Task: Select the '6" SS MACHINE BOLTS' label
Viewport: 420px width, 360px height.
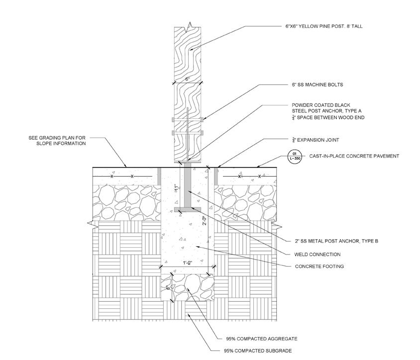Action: point(314,85)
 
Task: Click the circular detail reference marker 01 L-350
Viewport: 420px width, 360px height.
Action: point(294,156)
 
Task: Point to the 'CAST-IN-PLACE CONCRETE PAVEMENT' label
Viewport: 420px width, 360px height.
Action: point(354,156)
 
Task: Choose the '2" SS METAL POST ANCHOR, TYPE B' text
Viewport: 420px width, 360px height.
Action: point(334,241)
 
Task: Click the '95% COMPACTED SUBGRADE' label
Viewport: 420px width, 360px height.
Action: point(263,351)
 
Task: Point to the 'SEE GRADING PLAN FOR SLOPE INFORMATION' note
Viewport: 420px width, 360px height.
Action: point(57,140)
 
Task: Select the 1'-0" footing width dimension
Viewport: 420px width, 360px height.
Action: point(187,263)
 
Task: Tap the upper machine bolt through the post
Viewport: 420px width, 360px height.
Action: point(188,120)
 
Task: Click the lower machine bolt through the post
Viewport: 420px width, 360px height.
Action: point(188,133)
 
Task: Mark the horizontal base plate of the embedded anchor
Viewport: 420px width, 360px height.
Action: point(188,208)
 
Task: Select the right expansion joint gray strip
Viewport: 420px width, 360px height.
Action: point(215,176)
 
